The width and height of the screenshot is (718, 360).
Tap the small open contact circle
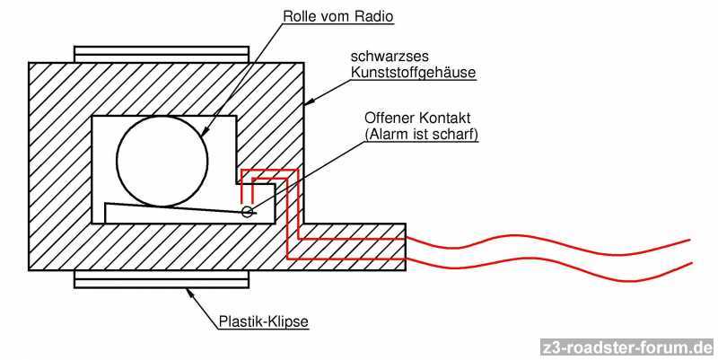[x=247, y=213]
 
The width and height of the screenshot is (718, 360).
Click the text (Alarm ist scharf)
[x=422, y=135]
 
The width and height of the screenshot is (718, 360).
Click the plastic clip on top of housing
[x=162, y=54]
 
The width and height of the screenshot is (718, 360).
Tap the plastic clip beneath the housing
[x=162, y=278]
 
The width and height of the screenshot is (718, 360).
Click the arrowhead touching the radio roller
[x=205, y=134]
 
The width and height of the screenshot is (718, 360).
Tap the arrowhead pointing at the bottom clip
[x=190, y=290]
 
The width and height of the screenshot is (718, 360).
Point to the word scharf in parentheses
[x=455, y=135]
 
